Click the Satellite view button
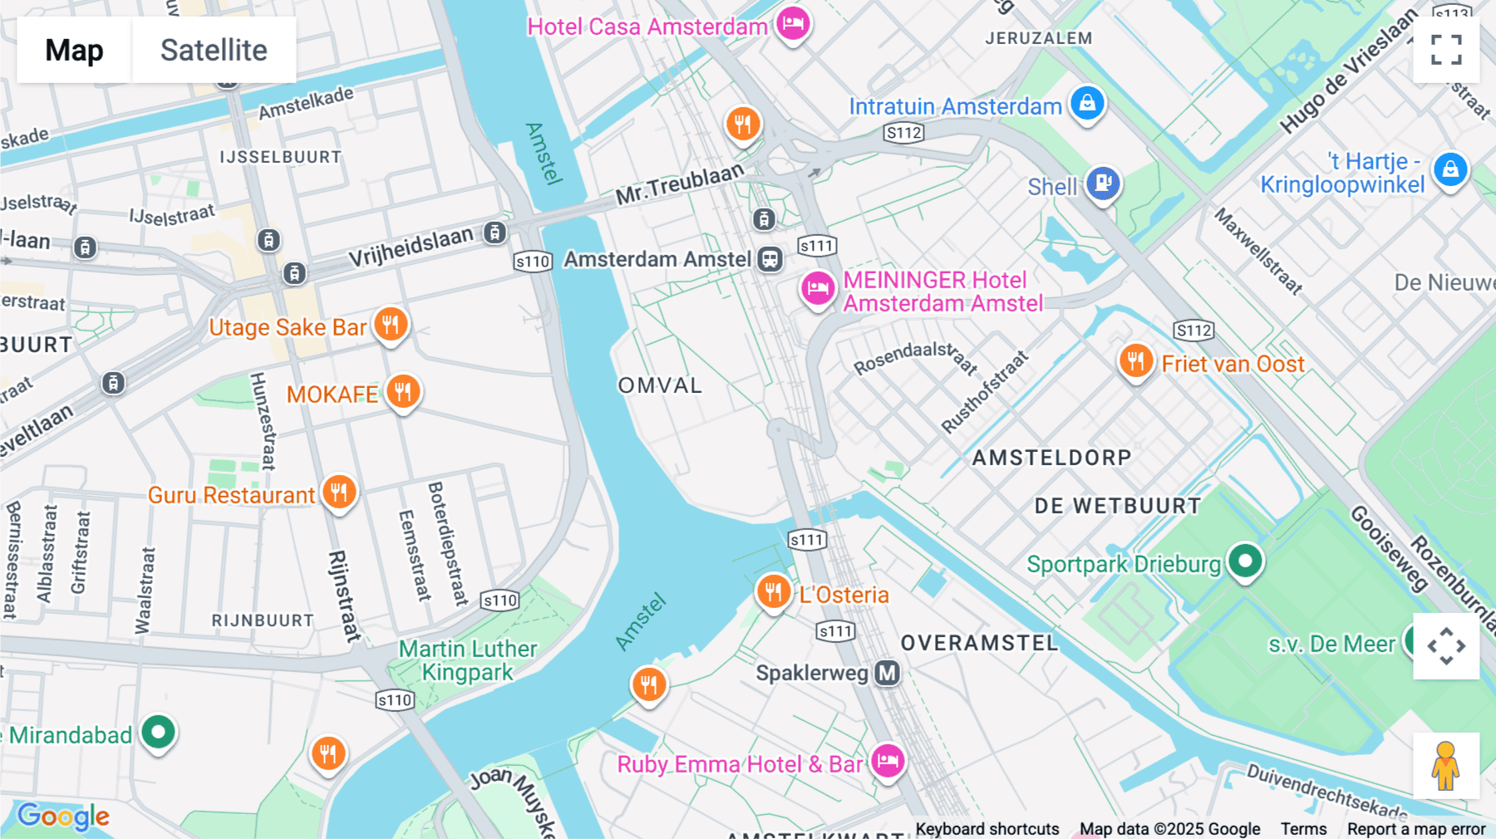click(214, 50)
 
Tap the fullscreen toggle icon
click(1446, 50)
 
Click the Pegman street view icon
click(1446, 766)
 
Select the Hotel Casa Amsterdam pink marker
click(793, 23)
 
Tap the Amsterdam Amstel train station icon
click(770, 259)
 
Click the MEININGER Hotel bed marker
click(818, 289)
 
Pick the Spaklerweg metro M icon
click(888, 673)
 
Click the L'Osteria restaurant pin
click(773, 591)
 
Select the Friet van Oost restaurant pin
click(1135, 361)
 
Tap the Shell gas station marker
click(1103, 183)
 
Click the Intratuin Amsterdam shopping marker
click(1087, 104)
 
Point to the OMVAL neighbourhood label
click(660, 385)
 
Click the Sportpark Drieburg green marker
click(1245, 562)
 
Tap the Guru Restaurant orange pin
click(339, 493)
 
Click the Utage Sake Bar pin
click(391, 324)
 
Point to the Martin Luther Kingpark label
click(468, 660)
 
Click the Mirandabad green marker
click(158, 733)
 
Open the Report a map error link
click(1415, 829)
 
